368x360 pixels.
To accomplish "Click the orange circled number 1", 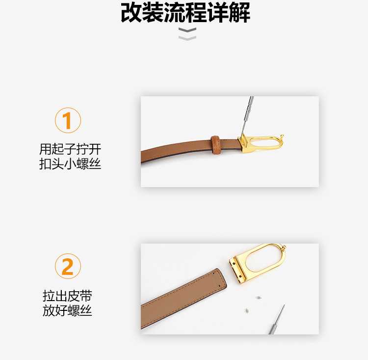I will pos(68,121).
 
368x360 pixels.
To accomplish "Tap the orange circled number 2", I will pos(68,267).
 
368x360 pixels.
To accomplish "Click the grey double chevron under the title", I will pos(187,34).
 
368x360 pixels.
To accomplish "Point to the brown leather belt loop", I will pos(215,143).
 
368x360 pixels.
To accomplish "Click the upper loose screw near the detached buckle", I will pos(259,298).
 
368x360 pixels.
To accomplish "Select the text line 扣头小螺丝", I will pos(70,164).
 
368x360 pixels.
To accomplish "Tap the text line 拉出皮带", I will pos(68,296).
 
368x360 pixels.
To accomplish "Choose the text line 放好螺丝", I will pos(68,310).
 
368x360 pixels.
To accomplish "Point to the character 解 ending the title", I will pos(240,13).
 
